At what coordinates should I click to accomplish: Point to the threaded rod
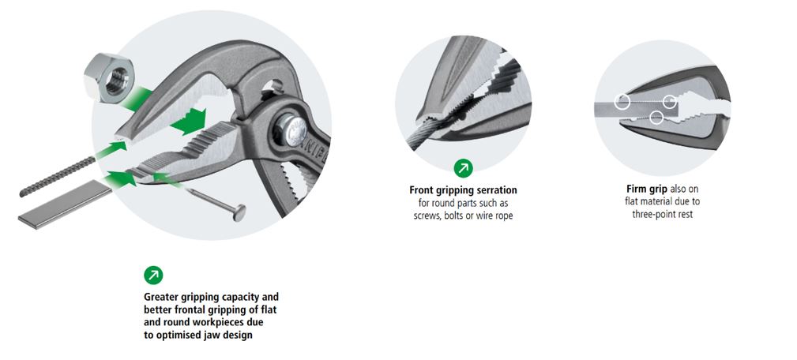click(58, 176)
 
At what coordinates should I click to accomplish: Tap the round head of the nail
click(239, 212)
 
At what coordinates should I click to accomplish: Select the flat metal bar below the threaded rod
click(65, 204)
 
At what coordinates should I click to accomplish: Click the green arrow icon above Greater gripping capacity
click(153, 275)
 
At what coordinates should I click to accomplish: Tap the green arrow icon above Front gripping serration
click(464, 169)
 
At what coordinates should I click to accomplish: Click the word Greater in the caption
click(162, 297)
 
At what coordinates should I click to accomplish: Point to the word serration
click(495, 190)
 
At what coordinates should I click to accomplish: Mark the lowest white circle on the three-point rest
click(656, 118)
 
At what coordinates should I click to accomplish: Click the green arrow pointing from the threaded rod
click(112, 149)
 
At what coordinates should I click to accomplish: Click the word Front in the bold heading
click(422, 190)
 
